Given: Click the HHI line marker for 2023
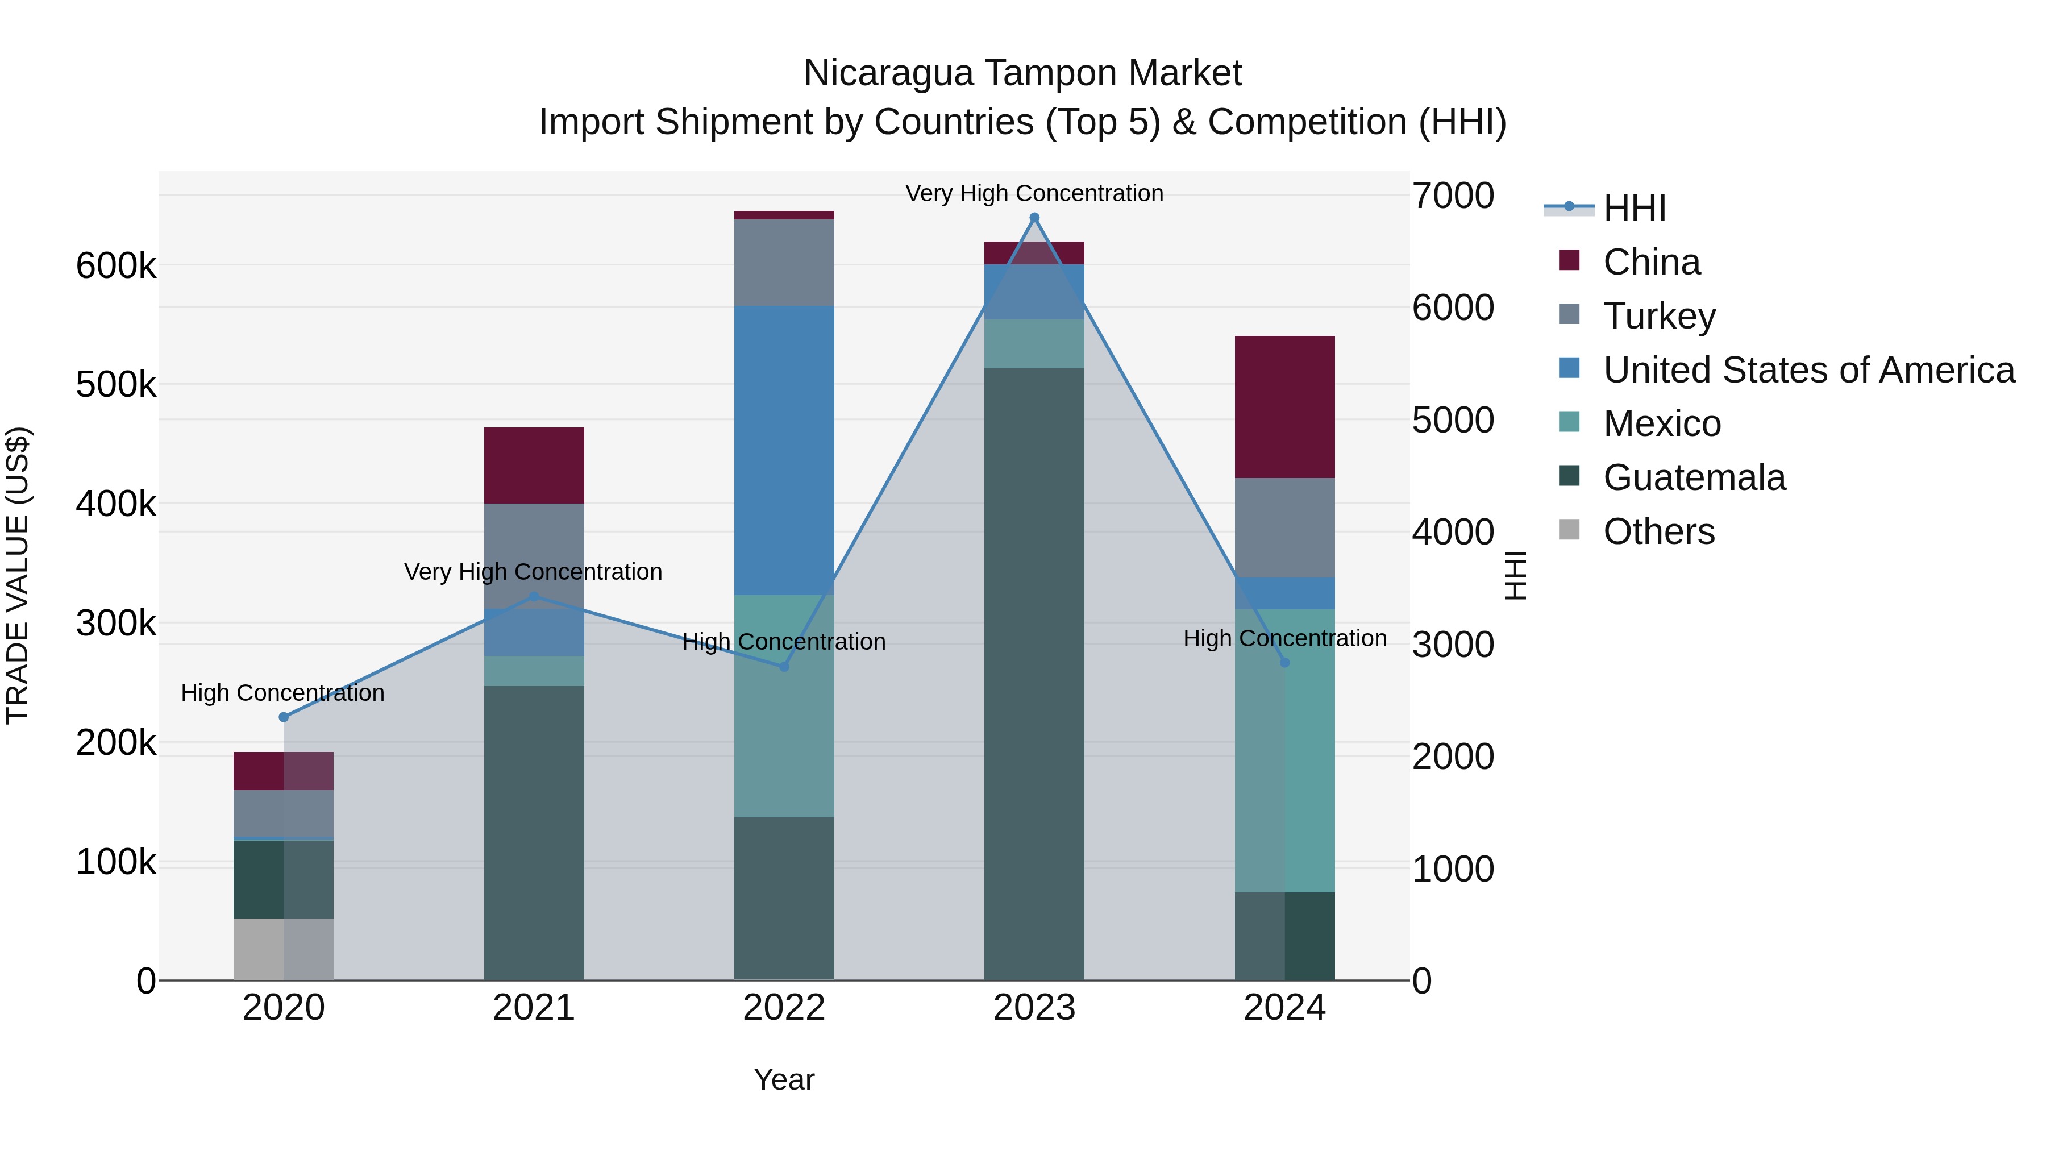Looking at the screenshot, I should [x=1034, y=218].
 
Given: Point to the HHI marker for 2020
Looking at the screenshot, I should [x=284, y=717].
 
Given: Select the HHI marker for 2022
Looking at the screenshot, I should [x=784, y=667].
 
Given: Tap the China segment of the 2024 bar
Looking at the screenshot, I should [x=1284, y=407].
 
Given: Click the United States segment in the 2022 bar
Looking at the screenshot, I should [x=784, y=450].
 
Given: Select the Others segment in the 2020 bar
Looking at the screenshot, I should [x=283, y=949].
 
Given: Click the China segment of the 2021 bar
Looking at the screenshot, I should [x=534, y=465].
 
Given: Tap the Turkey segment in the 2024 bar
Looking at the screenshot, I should [x=1284, y=527].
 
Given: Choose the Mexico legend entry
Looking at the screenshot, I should [x=1662, y=423].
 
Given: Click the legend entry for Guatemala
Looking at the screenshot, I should [x=1694, y=477].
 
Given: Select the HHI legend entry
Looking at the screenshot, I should [x=1634, y=208].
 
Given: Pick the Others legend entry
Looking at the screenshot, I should [x=1658, y=531].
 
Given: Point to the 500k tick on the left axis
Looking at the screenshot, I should [x=116, y=385].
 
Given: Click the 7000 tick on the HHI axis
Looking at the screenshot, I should [x=1453, y=196].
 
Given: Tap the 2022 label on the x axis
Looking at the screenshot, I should [x=784, y=1008].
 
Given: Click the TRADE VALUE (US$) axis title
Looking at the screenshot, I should [x=18, y=575].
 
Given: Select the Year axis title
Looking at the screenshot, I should [x=784, y=1079].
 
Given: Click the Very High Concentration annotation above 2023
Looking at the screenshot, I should [x=1034, y=193].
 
